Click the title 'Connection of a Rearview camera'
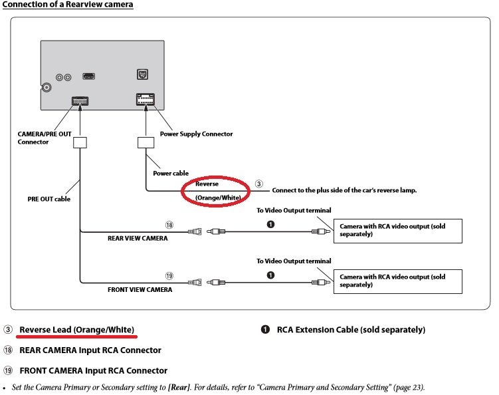tap(68, 5)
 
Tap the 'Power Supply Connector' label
tap(196, 134)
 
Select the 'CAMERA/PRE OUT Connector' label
tap(45, 138)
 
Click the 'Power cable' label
tap(171, 174)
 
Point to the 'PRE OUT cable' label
tap(49, 199)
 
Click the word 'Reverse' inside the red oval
tap(207, 184)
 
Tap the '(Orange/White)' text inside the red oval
tap(218, 197)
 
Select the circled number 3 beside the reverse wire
tap(258, 184)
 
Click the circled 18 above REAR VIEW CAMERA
tap(169, 225)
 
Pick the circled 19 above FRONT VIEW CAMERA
tap(169, 276)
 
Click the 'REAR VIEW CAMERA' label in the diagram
tap(138, 238)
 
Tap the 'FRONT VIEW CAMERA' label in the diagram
tap(140, 289)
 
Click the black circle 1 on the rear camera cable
tap(270, 225)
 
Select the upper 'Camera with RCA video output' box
tap(398, 231)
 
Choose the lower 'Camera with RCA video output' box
tap(398, 281)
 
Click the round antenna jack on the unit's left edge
tap(47, 87)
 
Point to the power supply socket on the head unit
tap(146, 99)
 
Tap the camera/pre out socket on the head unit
tap(80, 101)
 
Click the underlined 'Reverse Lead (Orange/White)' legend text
tap(76, 330)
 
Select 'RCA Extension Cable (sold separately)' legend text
tap(351, 330)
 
